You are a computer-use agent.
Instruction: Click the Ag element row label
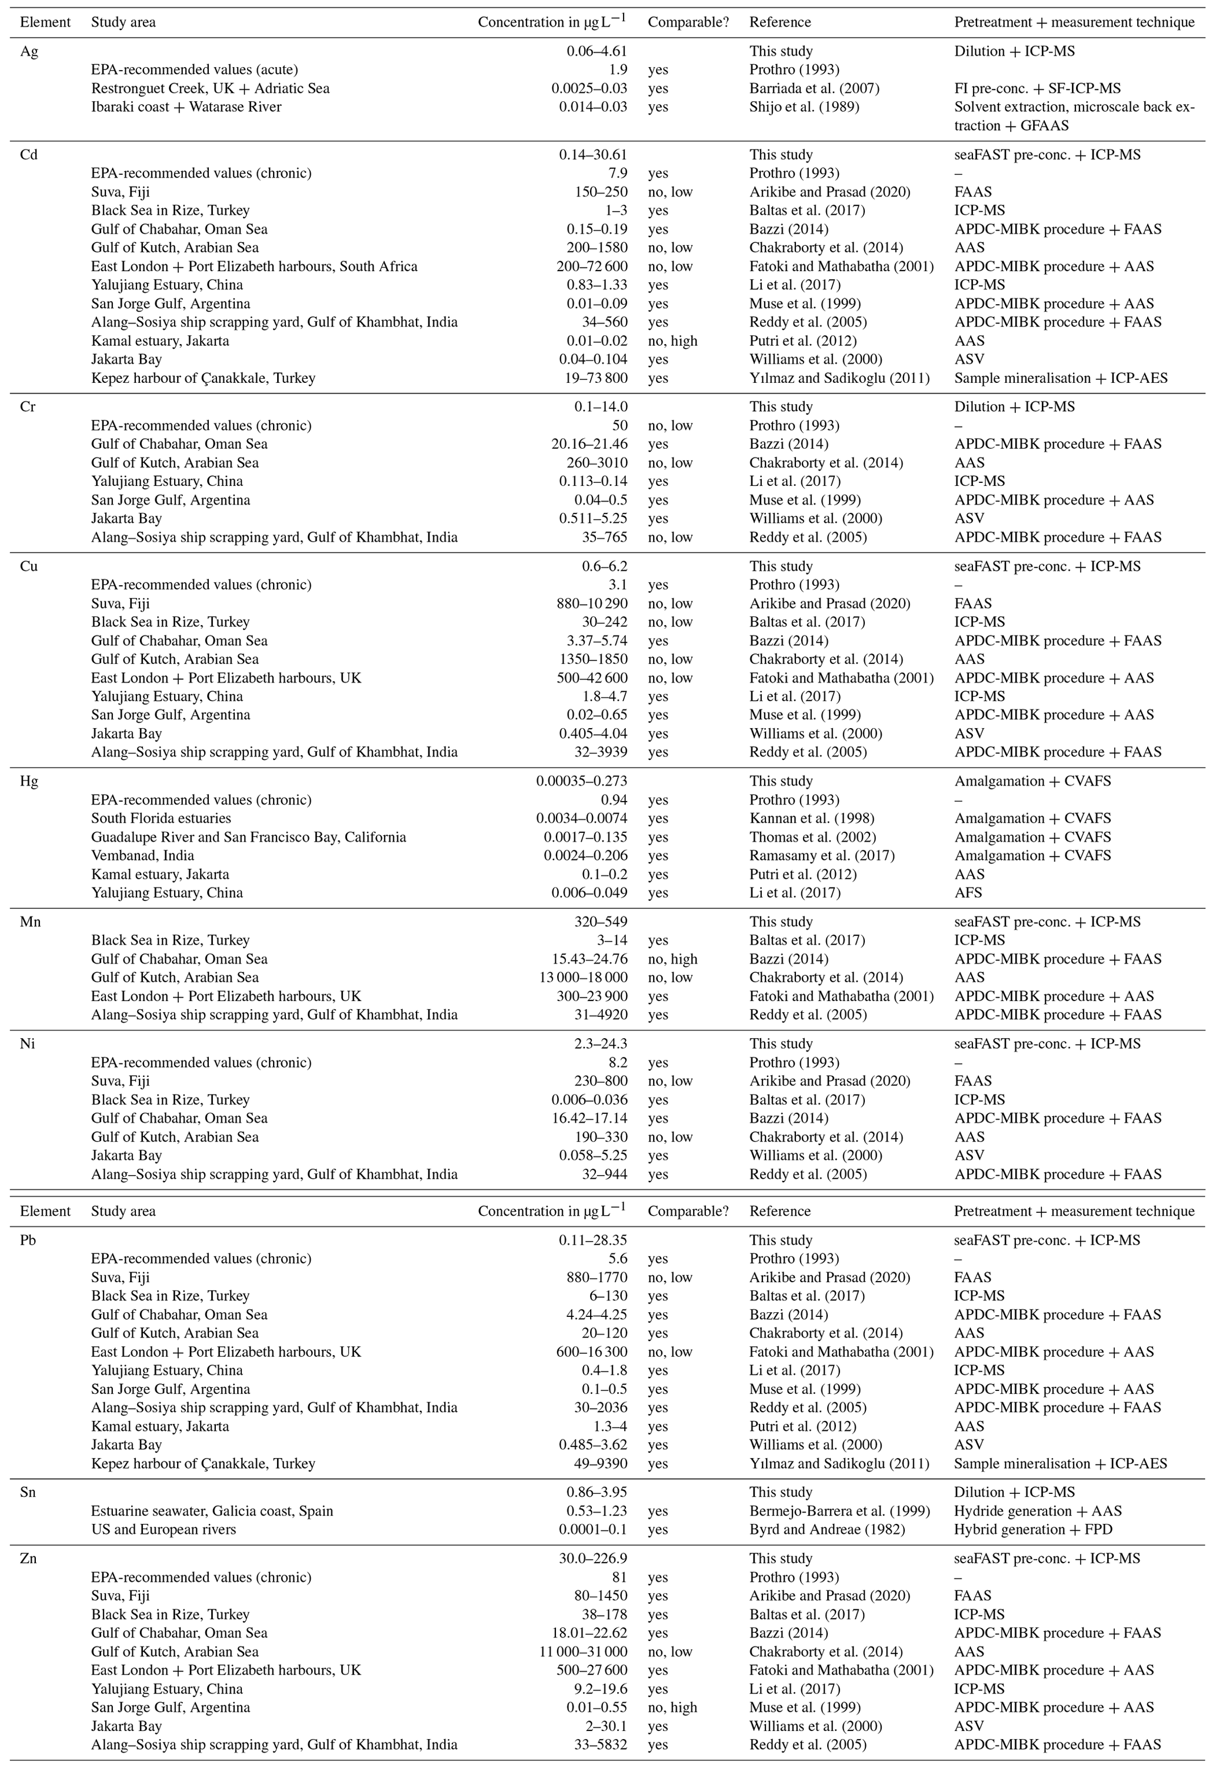click(29, 51)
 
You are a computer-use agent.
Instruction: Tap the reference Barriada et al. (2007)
click(814, 88)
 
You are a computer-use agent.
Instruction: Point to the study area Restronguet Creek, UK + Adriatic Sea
click(210, 88)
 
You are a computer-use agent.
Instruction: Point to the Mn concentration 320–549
click(601, 922)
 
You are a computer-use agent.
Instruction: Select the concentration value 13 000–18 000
click(581, 978)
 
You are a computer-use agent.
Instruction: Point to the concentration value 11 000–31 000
click(581, 1652)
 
